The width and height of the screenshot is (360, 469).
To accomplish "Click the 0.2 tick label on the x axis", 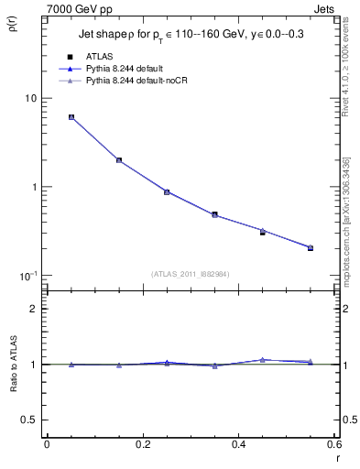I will [142, 444].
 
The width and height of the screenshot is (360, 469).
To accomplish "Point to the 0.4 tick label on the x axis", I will [238, 444].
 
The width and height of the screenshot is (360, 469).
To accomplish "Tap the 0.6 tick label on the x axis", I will [333, 444].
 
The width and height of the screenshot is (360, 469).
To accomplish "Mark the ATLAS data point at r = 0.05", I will [71, 117].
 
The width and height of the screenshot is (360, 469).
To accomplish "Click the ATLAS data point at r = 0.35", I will [214, 214].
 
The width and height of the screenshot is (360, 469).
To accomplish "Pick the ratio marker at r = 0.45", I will [263, 360].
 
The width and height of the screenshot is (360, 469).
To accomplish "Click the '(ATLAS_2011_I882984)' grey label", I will [190, 273].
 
